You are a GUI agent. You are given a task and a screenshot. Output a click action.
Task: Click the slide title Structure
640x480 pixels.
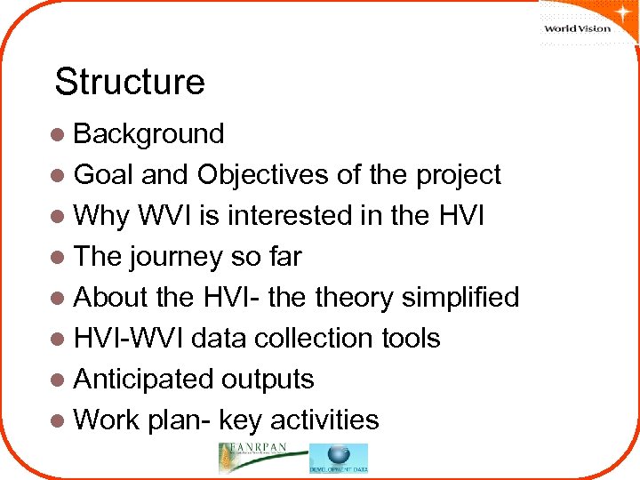click(x=130, y=82)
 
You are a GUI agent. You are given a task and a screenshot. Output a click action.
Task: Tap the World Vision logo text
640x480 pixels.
click(x=577, y=28)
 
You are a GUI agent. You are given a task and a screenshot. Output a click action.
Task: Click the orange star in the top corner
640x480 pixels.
click(x=617, y=11)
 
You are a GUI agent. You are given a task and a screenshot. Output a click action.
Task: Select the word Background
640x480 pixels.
click(x=148, y=134)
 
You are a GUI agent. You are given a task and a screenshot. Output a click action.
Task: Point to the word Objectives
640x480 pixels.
click(x=263, y=175)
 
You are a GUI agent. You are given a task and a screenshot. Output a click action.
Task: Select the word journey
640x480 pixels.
click(x=178, y=257)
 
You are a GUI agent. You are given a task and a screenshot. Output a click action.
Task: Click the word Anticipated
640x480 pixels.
click(x=143, y=380)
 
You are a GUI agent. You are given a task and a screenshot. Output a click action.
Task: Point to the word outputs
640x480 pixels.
click(x=268, y=380)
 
